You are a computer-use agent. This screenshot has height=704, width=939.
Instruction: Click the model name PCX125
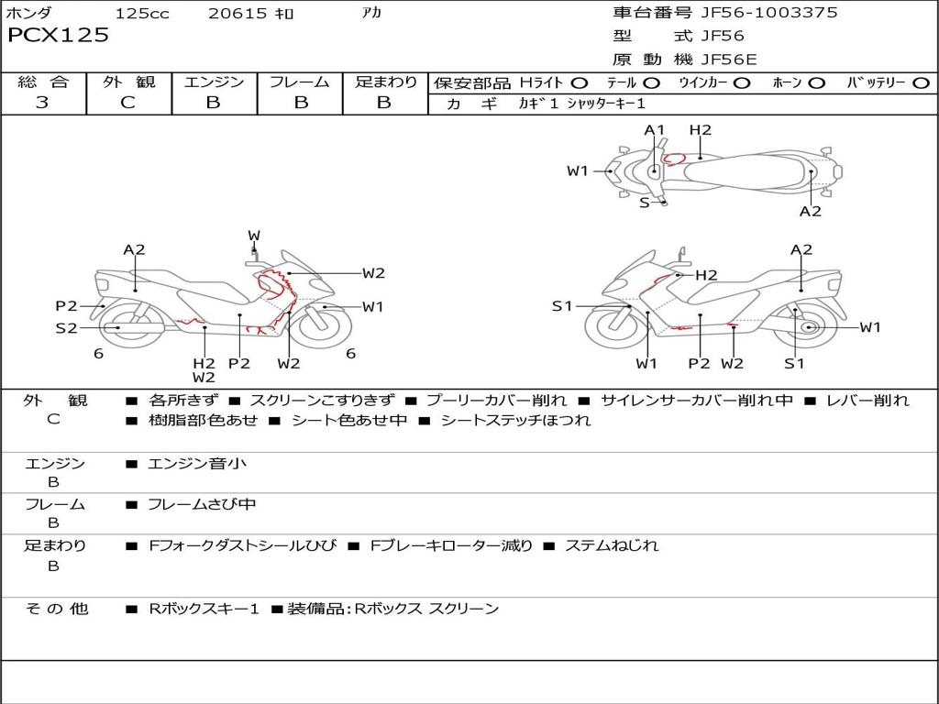click(x=58, y=36)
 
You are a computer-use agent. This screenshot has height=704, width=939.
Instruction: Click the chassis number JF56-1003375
click(x=756, y=13)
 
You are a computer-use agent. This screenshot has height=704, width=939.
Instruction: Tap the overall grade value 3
click(x=42, y=103)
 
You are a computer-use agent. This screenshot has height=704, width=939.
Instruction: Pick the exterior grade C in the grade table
click(x=128, y=103)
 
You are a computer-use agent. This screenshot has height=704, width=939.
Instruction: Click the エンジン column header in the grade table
click(x=214, y=82)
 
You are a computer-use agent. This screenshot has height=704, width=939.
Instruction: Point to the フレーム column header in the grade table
click(x=300, y=82)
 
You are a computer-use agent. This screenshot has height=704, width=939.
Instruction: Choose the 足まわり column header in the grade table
click(x=385, y=82)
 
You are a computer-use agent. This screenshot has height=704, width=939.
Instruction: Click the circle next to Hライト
click(x=580, y=82)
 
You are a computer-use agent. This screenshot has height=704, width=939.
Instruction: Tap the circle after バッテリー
click(x=921, y=82)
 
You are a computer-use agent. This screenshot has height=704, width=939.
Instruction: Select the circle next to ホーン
click(x=816, y=82)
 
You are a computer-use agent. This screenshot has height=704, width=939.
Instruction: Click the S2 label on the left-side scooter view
click(x=66, y=328)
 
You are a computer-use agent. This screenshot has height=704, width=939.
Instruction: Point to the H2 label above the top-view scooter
click(x=701, y=130)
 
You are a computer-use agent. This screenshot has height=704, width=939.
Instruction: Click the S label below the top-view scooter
click(x=645, y=203)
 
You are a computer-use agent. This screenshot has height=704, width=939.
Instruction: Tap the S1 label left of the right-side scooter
click(x=562, y=306)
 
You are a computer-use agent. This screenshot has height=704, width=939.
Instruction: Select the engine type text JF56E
click(x=729, y=60)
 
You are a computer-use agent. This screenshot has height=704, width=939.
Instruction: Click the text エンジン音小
click(x=197, y=464)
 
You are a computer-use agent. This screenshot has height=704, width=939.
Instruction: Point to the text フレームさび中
click(x=202, y=504)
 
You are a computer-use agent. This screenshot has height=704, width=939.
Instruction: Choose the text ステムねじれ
click(x=612, y=545)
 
